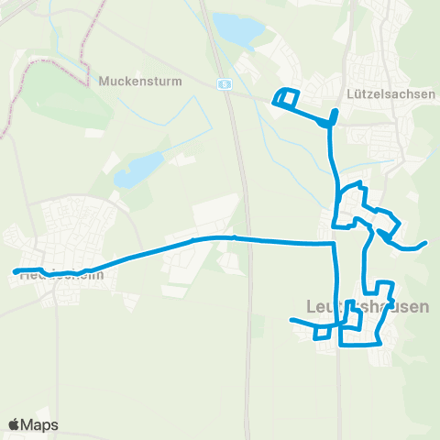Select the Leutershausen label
pyautogui.click(x=366, y=306)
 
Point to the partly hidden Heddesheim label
pyautogui.click(x=57, y=273)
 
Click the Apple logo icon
pyautogui.click(x=15, y=424)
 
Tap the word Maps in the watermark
pyautogui.click(x=40, y=424)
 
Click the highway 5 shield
pyautogui.click(x=223, y=82)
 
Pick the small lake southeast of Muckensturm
pyautogui.click(x=137, y=169)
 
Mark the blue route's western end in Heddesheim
pyautogui.click(x=15, y=270)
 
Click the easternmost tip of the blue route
pyautogui.click(x=426, y=243)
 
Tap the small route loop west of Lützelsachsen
pyautogui.click(x=287, y=98)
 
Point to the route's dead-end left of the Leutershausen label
pyautogui.click(x=291, y=320)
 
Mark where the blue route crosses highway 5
pyautogui.click(x=235, y=237)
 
